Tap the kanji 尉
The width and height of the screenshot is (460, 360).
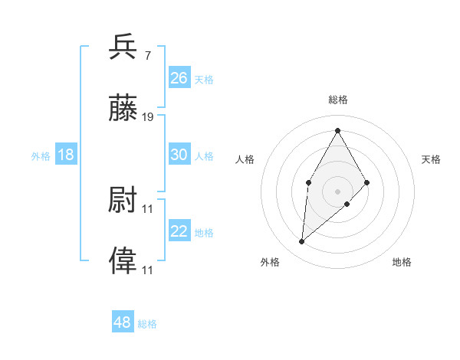click(x=123, y=201)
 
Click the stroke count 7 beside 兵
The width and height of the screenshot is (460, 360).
click(x=146, y=55)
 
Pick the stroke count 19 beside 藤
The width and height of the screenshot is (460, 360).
click(x=148, y=117)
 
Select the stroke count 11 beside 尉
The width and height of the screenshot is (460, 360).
click(x=148, y=208)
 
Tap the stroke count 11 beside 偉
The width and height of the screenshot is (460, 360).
click(x=148, y=270)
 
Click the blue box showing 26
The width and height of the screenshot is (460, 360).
click(x=179, y=78)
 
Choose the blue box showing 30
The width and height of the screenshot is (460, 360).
click(x=179, y=155)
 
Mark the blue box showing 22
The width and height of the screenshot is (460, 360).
click(x=179, y=231)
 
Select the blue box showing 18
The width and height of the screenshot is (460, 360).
click(x=66, y=155)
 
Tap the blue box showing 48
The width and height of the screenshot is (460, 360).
click(x=122, y=322)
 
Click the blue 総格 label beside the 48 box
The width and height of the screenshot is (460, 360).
click(x=147, y=324)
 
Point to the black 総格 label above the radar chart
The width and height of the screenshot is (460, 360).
click(x=337, y=100)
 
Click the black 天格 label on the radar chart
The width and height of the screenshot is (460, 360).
click(x=432, y=159)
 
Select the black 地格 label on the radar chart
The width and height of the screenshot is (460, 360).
click(x=402, y=262)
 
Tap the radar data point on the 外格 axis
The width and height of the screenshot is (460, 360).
click(x=302, y=242)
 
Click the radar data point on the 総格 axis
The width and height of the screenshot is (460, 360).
click(x=337, y=130)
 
